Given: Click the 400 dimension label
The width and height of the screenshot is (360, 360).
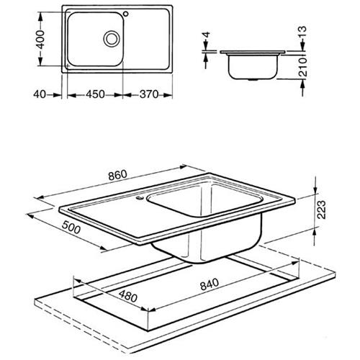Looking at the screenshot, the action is [x=42, y=40].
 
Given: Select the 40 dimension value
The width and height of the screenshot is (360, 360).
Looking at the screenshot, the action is [x=40, y=94].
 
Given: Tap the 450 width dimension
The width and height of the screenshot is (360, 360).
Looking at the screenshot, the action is [x=95, y=94].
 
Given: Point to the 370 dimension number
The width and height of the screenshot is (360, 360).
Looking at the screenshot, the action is [x=149, y=94].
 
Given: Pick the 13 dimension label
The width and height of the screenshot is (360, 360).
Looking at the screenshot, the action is [x=303, y=32].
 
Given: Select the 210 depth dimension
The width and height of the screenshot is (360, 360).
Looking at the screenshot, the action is [x=303, y=67].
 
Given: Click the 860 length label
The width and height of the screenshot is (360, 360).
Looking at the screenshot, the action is [x=117, y=175].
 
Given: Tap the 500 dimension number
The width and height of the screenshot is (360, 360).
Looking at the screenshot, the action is [x=71, y=228].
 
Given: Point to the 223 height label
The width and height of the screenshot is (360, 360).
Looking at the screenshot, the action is [x=322, y=210].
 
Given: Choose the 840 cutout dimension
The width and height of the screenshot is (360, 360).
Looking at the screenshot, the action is [x=210, y=284].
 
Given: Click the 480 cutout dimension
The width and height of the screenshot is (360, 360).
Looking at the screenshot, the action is [x=128, y=297].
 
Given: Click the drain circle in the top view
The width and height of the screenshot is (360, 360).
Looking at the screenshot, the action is [x=112, y=39].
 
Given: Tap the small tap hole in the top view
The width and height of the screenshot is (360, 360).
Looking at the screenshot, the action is [x=126, y=14].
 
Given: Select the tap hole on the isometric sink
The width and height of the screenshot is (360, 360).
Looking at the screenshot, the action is [x=140, y=198].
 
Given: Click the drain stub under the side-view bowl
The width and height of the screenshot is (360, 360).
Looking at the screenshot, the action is [x=252, y=80].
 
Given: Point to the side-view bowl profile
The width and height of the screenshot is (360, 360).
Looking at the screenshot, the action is [x=253, y=66].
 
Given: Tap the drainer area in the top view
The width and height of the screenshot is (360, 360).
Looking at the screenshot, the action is [x=146, y=40].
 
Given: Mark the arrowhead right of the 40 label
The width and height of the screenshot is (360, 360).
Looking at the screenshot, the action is [x=57, y=95].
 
